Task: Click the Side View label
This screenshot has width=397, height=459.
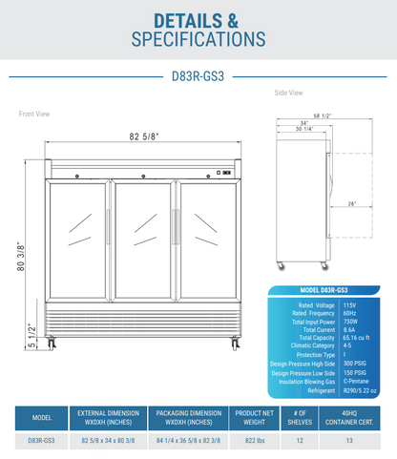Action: [x=288, y=93]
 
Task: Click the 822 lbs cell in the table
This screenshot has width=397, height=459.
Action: [x=247, y=440]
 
